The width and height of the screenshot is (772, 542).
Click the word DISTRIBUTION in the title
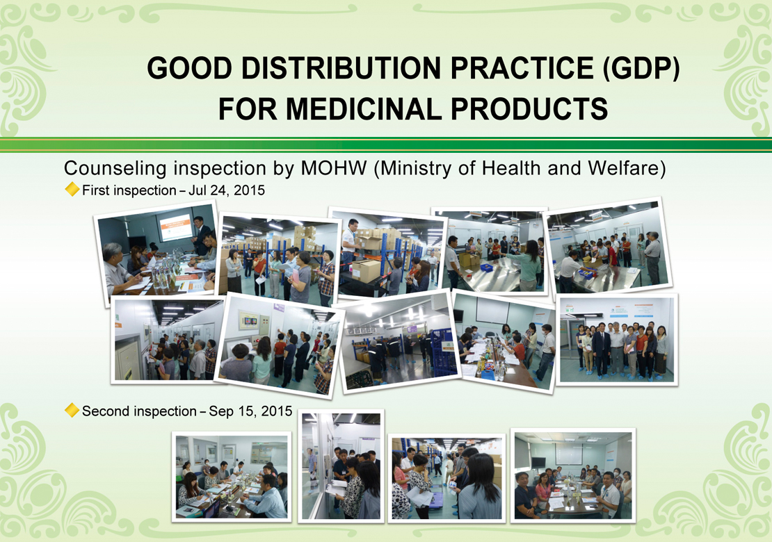[341, 68]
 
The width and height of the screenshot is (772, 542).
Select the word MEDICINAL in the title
[364, 108]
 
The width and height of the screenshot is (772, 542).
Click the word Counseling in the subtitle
[115, 169]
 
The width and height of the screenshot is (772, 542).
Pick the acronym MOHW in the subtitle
[334, 168]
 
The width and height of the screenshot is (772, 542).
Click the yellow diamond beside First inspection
[72, 189]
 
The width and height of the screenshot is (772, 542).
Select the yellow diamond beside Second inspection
[72, 410]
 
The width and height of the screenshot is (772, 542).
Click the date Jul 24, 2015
[227, 190]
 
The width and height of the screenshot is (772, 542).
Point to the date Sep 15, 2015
[250, 411]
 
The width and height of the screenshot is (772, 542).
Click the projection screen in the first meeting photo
[175, 227]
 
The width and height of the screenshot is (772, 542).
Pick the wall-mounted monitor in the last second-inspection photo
[538, 462]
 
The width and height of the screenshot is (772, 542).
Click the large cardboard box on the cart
[365, 271]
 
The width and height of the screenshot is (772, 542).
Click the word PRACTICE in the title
[522, 68]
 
